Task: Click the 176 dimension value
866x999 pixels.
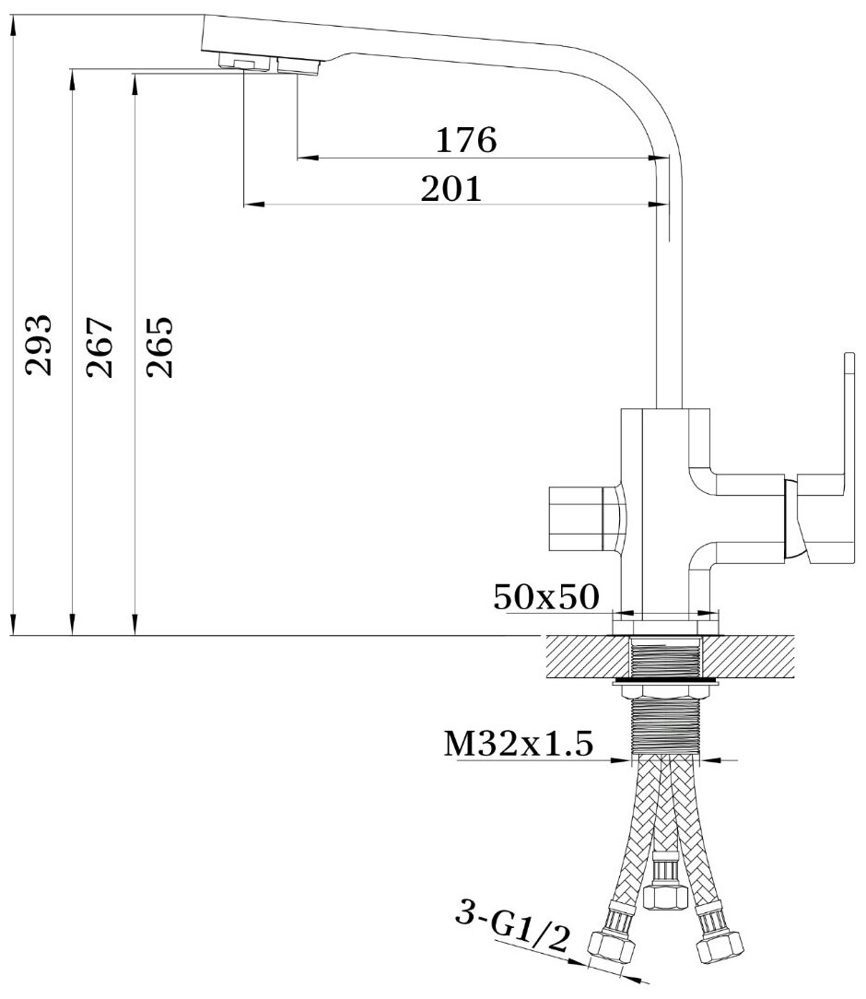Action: coord(465,139)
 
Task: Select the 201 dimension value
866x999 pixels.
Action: coord(451,189)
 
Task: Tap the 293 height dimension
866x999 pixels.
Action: coord(38,345)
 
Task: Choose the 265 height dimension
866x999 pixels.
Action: coord(159,346)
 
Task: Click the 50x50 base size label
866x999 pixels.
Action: coord(546,597)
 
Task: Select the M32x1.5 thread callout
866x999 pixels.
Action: coord(519,743)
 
